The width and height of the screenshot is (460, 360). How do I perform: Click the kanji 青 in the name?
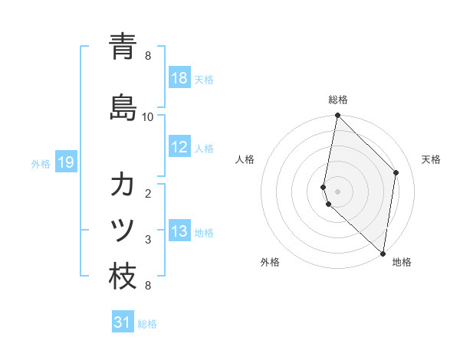click(123, 46)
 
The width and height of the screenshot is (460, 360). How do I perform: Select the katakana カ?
click(123, 184)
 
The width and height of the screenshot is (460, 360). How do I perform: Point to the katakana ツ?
click(123, 230)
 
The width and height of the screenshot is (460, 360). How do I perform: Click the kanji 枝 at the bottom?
click(123, 277)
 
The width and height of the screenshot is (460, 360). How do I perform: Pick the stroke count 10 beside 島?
click(148, 116)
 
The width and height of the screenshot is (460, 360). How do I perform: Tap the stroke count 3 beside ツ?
click(148, 240)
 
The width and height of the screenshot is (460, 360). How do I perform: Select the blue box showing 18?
click(179, 78)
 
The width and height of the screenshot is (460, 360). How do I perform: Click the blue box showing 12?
click(179, 148)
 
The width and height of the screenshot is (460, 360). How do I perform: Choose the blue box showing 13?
click(179, 232)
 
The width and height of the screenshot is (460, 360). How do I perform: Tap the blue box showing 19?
click(65, 162)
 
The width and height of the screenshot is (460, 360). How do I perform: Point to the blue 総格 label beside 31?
click(147, 324)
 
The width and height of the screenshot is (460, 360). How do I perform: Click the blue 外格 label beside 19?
click(41, 163)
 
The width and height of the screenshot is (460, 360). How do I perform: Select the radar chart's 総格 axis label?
click(337, 100)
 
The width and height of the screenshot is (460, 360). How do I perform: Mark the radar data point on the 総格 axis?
click(337, 116)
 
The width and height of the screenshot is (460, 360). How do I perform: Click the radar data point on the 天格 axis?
click(396, 172)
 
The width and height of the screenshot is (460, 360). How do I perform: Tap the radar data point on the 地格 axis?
click(383, 254)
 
